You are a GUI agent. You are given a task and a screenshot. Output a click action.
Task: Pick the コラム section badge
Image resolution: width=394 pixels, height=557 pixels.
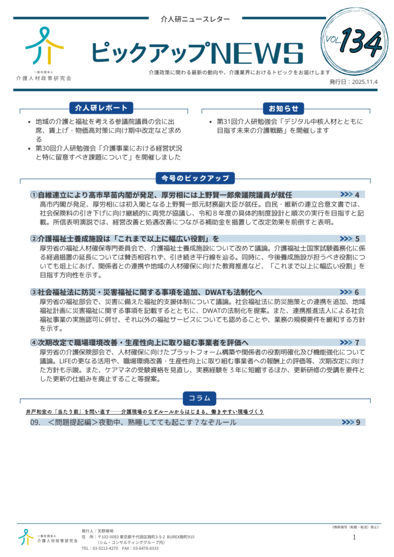[199, 398]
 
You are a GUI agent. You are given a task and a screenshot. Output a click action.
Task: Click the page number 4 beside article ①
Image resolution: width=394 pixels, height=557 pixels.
[357, 195]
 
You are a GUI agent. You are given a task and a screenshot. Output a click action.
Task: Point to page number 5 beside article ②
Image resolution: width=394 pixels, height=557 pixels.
[357, 238]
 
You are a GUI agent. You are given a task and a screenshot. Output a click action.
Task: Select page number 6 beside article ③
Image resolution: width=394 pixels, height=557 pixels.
[357, 292]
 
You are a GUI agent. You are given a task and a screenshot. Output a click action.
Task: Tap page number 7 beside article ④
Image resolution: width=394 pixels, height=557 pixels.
[357, 343]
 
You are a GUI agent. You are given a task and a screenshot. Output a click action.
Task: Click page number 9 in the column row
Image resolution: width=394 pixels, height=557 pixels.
[358, 422]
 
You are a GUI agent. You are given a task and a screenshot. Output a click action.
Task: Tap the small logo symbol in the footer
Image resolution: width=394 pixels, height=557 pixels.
[26, 536]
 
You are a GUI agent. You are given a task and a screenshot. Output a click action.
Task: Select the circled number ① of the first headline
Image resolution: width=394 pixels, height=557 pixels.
[34, 195]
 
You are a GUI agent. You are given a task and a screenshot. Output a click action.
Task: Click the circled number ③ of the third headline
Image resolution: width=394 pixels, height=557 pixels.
[34, 292]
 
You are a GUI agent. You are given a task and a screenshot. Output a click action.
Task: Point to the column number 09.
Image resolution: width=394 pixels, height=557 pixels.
[36, 422]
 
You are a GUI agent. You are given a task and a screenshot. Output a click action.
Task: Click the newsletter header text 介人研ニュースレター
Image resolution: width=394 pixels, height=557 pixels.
[195, 19]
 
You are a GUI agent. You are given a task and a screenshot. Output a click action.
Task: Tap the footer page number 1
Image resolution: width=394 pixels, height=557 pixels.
[354, 537]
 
